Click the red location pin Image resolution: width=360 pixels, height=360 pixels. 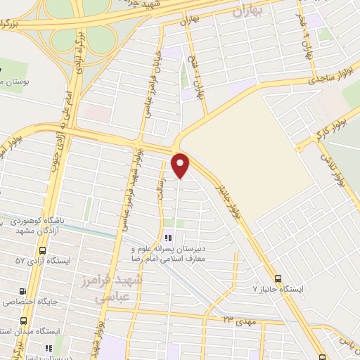[181, 165]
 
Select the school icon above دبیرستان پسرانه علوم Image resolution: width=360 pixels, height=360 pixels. [167, 237]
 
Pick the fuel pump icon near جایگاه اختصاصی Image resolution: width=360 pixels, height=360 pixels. [23, 291]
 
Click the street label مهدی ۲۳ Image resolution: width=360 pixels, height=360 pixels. [240, 321]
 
